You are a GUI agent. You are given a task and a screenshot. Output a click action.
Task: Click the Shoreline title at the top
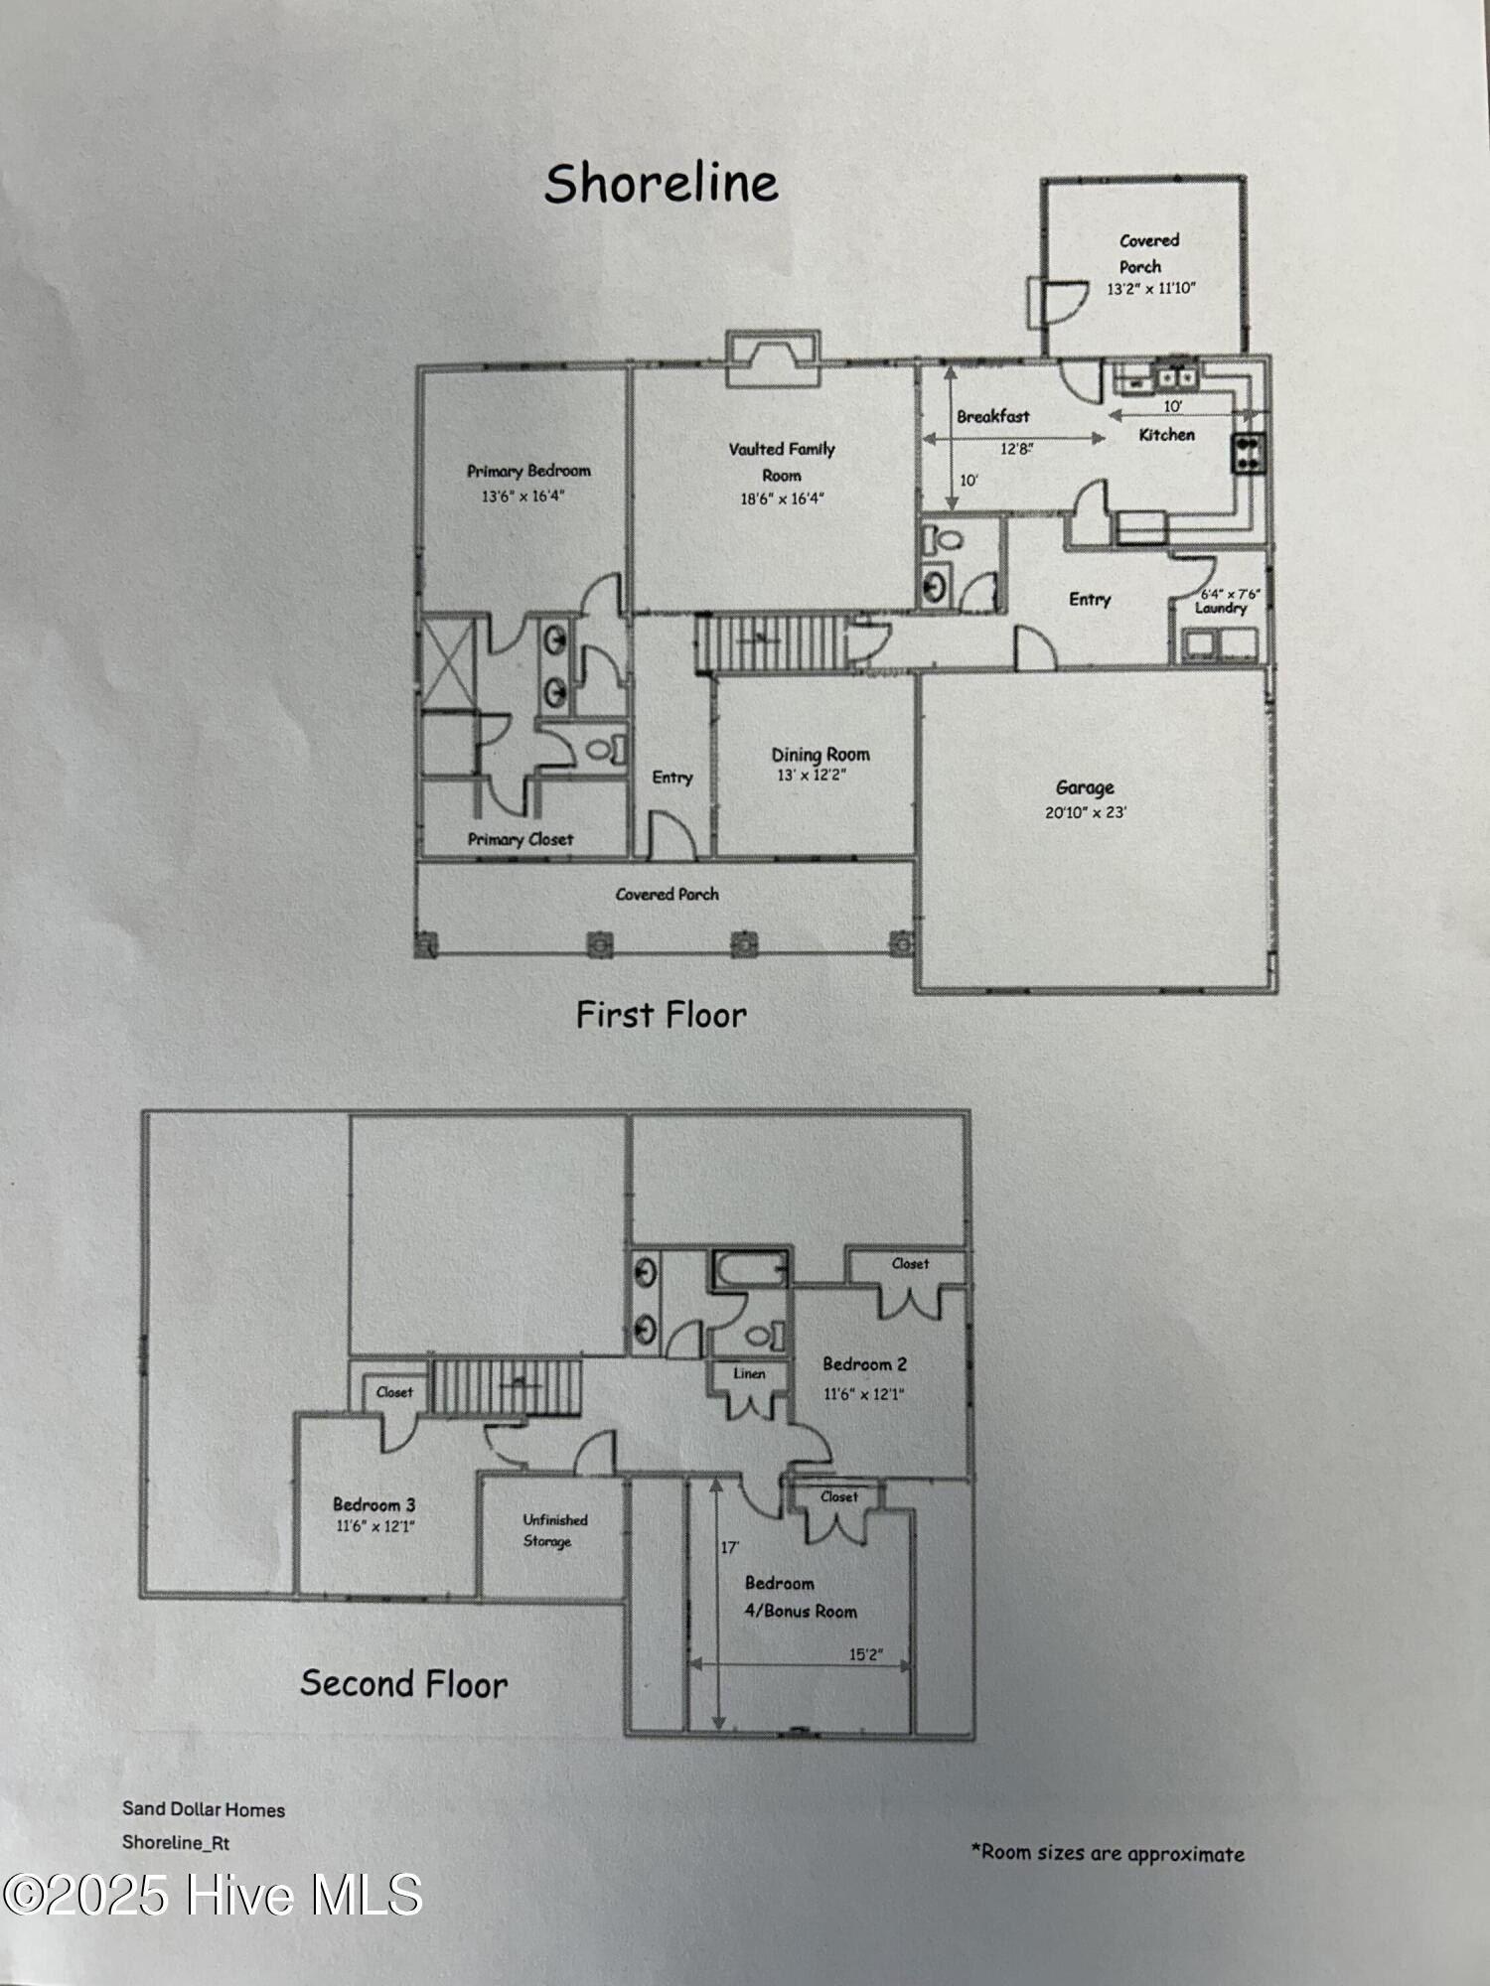click(x=661, y=185)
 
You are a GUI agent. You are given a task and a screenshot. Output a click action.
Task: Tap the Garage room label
click(x=1085, y=788)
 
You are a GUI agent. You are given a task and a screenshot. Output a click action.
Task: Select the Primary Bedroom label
click(x=528, y=471)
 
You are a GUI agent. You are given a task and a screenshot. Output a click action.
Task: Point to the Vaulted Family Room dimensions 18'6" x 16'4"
click(x=782, y=499)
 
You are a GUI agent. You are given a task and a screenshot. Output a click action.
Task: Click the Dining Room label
click(x=820, y=755)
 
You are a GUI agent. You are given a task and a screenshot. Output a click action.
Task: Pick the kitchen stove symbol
click(x=1249, y=453)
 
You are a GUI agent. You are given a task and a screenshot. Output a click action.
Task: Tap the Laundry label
click(x=1220, y=608)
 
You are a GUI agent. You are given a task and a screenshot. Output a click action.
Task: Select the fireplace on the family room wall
click(x=773, y=358)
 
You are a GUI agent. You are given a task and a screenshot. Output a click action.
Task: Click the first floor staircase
click(x=769, y=642)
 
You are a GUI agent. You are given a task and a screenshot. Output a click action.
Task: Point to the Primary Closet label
click(x=521, y=839)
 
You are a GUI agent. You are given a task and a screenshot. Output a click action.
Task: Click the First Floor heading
click(x=661, y=1015)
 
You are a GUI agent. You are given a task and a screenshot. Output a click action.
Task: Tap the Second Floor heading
click(x=403, y=1684)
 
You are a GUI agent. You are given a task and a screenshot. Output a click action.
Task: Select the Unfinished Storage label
click(x=554, y=1530)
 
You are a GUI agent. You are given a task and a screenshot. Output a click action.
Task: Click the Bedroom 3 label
click(x=373, y=1504)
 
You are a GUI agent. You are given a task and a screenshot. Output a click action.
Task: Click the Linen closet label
click(x=749, y=1374)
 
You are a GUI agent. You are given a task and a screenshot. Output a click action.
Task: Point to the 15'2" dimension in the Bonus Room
click(x=865, y=1655)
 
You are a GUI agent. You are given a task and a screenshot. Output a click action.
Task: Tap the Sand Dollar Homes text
click(x=204, y=1809)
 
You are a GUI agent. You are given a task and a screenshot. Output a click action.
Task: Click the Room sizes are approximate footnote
click(x=1108, y=1853)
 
